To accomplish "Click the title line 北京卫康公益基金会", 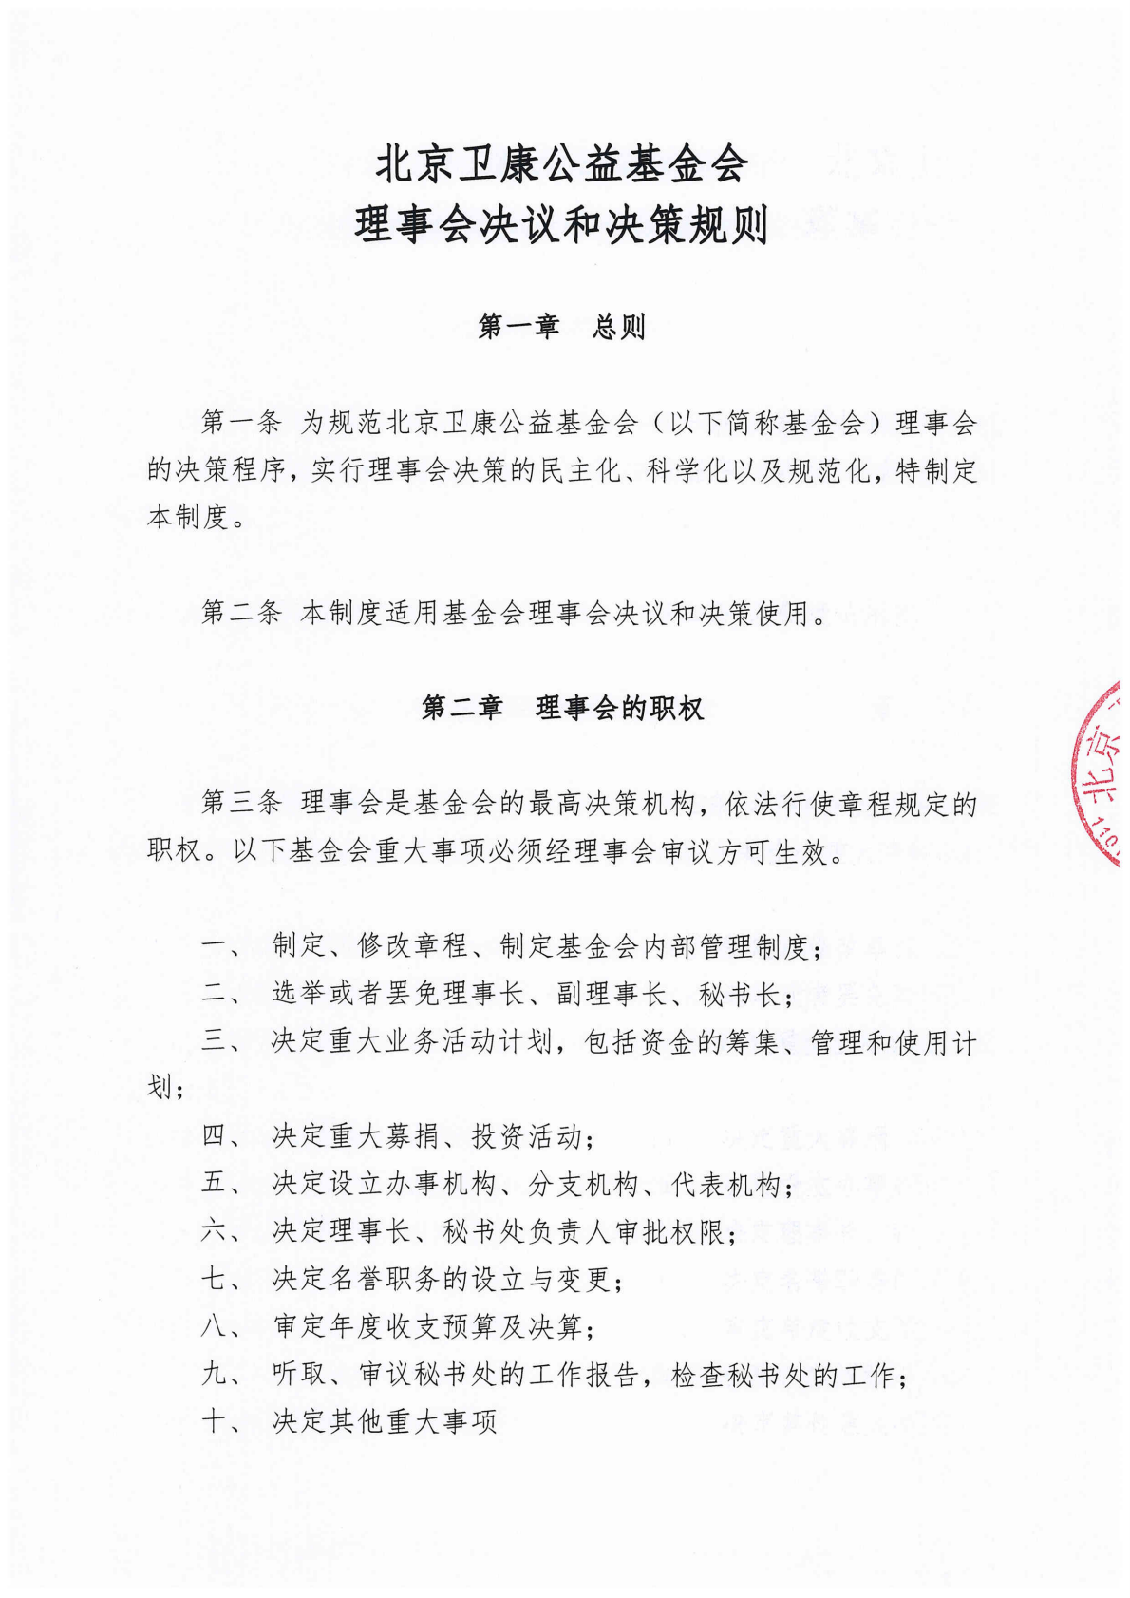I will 561,164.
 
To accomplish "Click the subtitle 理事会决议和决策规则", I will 561,227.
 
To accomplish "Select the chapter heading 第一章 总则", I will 561,328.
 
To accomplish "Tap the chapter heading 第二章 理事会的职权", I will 562,709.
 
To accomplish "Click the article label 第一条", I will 241,424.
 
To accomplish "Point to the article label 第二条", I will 241,614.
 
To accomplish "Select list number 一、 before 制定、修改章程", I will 224,946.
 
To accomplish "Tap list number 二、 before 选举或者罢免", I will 224,995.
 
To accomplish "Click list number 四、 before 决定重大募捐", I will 224,1136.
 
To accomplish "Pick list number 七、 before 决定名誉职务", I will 224,1280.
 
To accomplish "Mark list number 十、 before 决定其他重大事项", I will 224,1422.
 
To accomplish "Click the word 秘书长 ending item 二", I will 740,995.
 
